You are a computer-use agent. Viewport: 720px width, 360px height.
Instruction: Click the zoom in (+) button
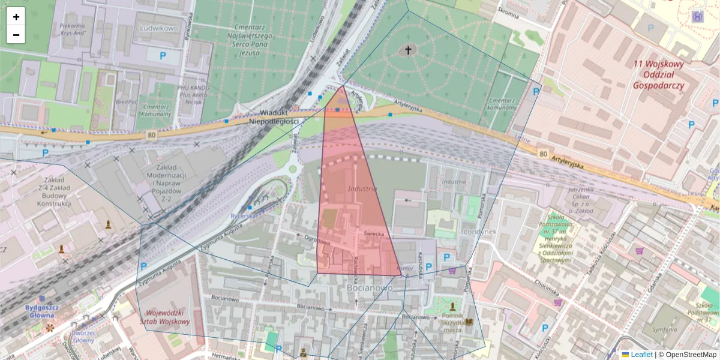(16, 17)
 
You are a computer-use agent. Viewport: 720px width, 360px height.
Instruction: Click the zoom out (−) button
(16, 35)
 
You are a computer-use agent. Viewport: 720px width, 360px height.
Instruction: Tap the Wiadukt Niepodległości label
(280, 117)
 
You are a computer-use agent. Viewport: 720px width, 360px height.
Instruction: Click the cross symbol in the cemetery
(409, 50)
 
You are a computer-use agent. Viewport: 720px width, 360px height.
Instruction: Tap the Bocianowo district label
(370, 287)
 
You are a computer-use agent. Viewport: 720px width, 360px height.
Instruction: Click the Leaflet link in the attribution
(641, 355)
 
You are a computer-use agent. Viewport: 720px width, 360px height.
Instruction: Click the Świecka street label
(373, 232)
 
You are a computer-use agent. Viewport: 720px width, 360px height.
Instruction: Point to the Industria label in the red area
(362, 189)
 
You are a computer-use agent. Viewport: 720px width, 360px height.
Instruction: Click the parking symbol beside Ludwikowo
(163, 56)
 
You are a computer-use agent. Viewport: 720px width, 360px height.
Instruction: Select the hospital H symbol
(698, 16)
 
